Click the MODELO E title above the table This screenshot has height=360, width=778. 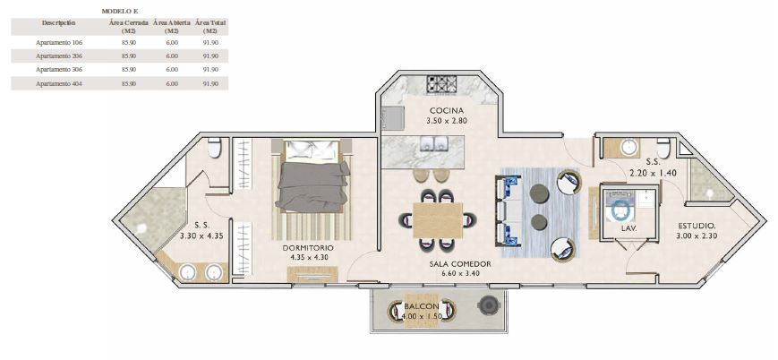click(119, 10)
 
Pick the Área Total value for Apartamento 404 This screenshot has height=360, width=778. click(210, 83)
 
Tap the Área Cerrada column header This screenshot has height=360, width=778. click(128, 25)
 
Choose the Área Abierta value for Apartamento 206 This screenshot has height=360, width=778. click(172, 56)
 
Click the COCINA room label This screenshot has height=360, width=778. click(445, 110)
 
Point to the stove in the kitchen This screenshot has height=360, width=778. click(441, 85)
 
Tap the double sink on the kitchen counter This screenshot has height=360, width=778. click(434, 143)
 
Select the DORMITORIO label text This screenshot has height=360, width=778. click(307, 247)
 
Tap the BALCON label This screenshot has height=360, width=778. click(420, 306)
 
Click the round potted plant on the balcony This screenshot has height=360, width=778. click(487, 306)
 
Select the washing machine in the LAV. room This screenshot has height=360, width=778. click(620, 208)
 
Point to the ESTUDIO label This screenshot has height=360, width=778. click(695, 226)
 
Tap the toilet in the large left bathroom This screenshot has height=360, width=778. click(215, 148)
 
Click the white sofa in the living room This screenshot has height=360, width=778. click(509, 211)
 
